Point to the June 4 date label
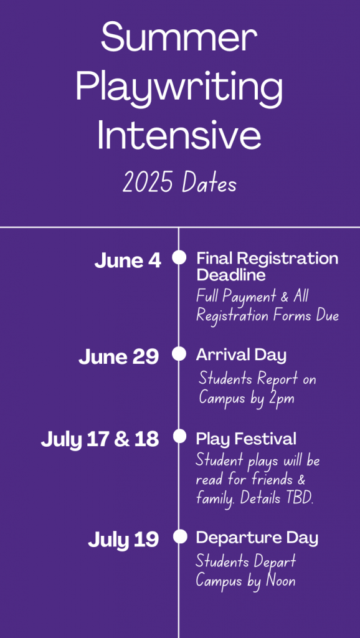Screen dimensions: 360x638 coord(128,261)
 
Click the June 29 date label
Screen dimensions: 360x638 coord(118,357)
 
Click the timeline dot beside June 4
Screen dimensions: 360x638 coord(179,257)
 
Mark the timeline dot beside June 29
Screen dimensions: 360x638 coord(179,354)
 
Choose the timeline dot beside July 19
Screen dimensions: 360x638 coord(179,536)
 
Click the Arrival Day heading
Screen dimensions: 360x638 coord(241,355)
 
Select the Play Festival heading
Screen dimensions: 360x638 coord(246,439)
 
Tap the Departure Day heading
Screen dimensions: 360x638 coord(257,538)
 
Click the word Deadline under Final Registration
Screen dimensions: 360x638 coord(231,275)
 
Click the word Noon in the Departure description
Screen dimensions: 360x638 coord(281,581)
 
